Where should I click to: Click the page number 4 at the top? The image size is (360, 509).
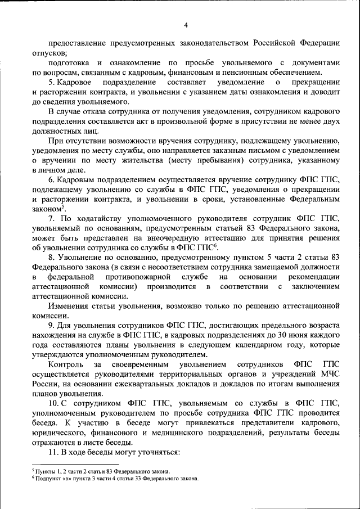point(186,24)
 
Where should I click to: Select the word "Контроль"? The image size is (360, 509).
point(64,366)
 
